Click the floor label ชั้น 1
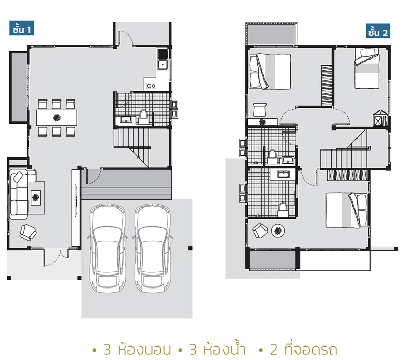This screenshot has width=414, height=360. pyautogui.click(x=22, y=28)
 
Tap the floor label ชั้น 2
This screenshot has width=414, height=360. pyautogui.click(x=378, y=31)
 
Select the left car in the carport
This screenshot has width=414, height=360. pyautogui.click(x=108, y=248)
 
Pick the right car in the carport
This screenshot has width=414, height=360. pyautogui.click(x=153, y=248)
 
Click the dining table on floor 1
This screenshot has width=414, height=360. pyautogui.click(x=56, y=118)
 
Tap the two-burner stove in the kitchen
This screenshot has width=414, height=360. pyautogui.click(x=151, y=85)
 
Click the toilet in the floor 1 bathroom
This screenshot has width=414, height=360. pyautogui.click(x=143, y=117)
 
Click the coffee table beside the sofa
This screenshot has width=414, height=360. pyautogui.click(x=36, y=198)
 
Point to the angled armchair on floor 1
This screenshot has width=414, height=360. pyautogui.click(x=28, y=233)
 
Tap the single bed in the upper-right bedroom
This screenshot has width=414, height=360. pyautogui.click(x=367, y=68)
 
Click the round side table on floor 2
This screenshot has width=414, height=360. pyautogui.click(x=278, y=231)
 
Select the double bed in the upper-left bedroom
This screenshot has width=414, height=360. pyautogui.click(x=270, y=71)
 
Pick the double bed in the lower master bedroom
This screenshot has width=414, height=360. pyautogui.click(x=346, y=210)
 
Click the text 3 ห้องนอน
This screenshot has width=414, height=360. pyautogui.click(x=137, y=350)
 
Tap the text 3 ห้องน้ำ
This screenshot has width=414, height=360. pyautogui.click(x=218, y=350)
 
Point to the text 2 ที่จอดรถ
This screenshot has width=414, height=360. pyautogui.click(x=304, y=350)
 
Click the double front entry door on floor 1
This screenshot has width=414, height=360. pyautogui.click(x=56, y=257)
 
